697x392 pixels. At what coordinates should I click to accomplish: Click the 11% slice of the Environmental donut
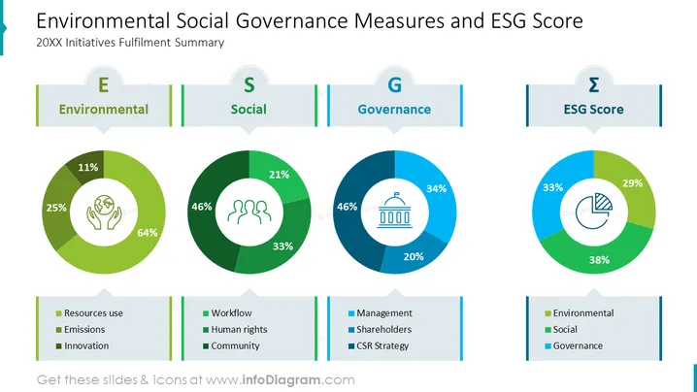click(x=88, y=167)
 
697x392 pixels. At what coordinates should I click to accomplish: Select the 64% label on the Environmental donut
click(x=148, y=233)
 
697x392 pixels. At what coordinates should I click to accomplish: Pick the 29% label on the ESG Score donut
click(x=632, y=183)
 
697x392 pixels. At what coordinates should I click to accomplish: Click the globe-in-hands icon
click(x=104, y=212)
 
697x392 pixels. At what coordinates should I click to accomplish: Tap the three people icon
click(x=249, y=212)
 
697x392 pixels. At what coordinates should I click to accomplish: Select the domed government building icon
click(x=395, y=211)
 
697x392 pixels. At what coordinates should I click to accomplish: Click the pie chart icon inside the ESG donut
click(x=594, y=212)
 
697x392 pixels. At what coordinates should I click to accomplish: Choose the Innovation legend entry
click(x=83, y=345)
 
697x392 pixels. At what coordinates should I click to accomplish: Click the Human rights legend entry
click(x=235, y=329)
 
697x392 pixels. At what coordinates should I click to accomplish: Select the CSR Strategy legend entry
click(x=379, y=345)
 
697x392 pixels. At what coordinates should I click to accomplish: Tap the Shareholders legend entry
click(x=381, y=329)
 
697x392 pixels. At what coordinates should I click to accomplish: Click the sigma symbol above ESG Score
click(x=594, y=84)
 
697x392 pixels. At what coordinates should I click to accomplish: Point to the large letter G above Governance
click(x=395, y=84)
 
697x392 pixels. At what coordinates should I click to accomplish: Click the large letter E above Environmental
click(x=104, y=84)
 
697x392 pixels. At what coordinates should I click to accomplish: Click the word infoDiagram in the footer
click(x=281, y=380)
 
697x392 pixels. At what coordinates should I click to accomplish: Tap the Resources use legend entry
click(x=89, y=312)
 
